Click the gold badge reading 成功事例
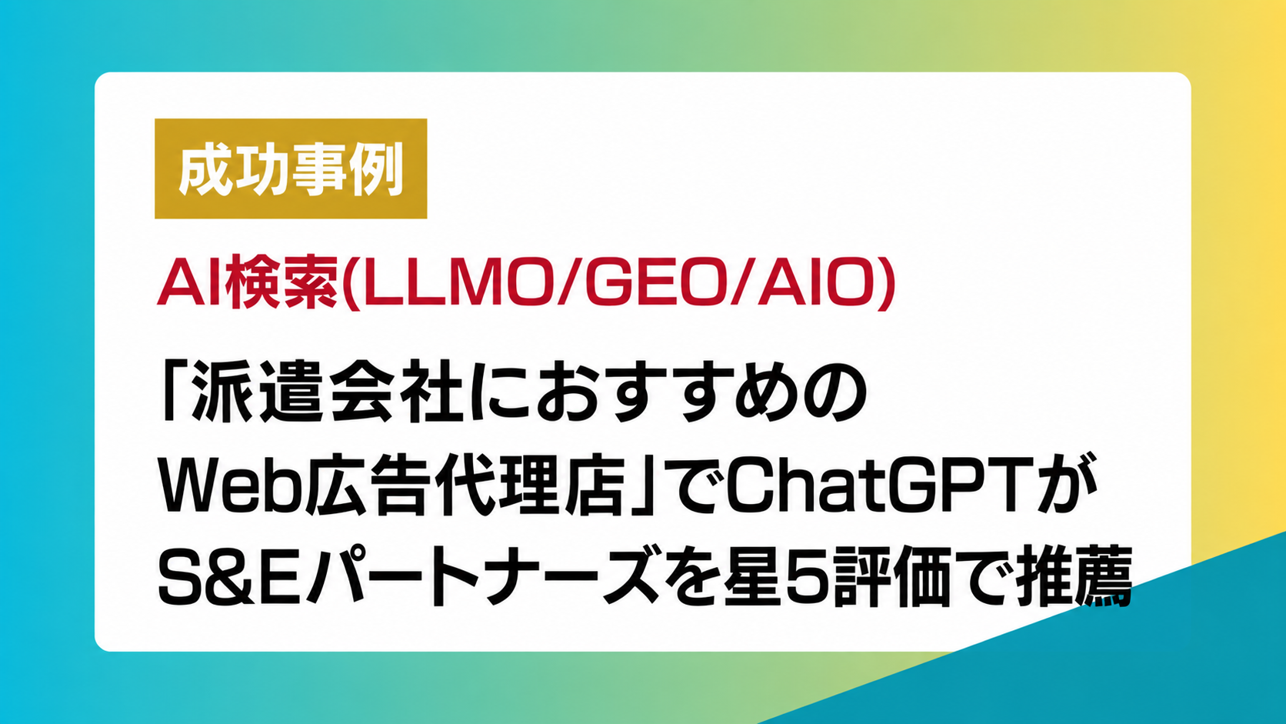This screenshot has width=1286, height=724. [x=291, y=168]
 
